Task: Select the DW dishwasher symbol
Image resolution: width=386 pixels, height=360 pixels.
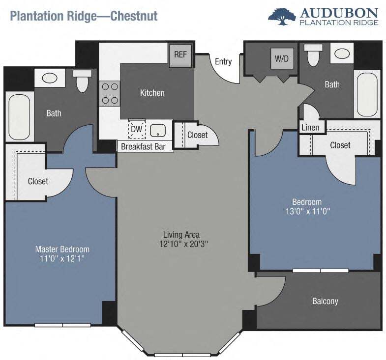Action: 136,129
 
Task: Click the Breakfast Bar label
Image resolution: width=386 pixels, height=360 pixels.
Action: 143,146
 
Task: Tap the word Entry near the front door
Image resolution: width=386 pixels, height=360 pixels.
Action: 223,61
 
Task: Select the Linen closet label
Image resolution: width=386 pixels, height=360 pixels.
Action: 310,128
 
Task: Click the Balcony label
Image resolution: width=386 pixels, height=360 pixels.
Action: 325,301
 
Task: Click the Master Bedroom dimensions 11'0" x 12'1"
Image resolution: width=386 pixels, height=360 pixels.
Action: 62,258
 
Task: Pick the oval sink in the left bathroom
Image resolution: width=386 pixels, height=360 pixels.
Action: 49,78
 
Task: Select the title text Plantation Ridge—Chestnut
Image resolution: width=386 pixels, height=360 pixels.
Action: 84,16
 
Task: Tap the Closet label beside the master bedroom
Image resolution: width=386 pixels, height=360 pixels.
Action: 38,181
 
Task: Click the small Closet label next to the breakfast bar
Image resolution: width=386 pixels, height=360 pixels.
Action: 197,135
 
